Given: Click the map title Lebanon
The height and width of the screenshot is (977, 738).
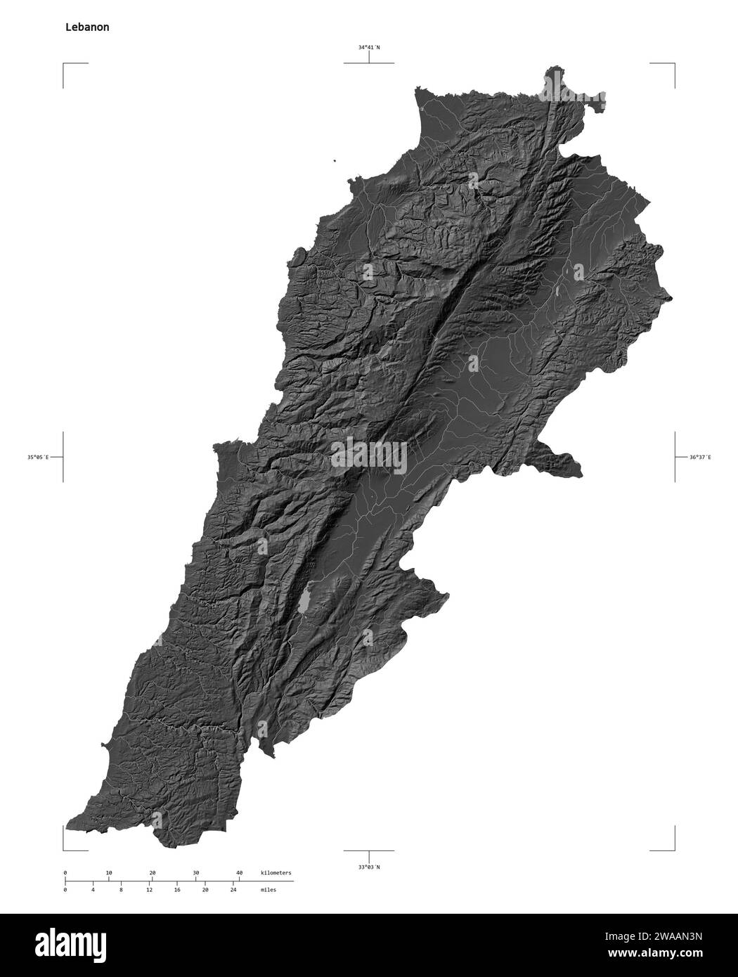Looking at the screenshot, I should [86, 27].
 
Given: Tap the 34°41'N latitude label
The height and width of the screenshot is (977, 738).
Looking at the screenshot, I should [368, 48].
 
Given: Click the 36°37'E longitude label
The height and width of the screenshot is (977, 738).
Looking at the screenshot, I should [699, 457].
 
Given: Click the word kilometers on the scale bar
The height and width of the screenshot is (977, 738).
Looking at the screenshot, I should [276, 872].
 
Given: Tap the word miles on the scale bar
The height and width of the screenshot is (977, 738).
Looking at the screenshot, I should [268, 890].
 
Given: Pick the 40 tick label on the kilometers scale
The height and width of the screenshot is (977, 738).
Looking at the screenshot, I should [239, 872].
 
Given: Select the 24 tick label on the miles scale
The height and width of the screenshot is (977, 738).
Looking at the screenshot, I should [233, 890].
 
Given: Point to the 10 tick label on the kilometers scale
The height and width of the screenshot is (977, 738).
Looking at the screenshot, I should [108, 872].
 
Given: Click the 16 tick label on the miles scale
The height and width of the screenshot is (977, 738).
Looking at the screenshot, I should [176, 890].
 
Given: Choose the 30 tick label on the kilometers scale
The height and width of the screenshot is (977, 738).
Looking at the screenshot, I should [195, 872].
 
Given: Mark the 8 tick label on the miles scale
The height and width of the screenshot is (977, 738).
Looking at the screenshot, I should [121, 890].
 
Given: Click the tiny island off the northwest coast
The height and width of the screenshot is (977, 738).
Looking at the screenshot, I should [335, 161].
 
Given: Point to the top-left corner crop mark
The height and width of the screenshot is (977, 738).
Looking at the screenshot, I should [64, 64].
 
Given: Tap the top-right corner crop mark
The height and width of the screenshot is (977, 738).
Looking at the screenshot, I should [674, 64].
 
